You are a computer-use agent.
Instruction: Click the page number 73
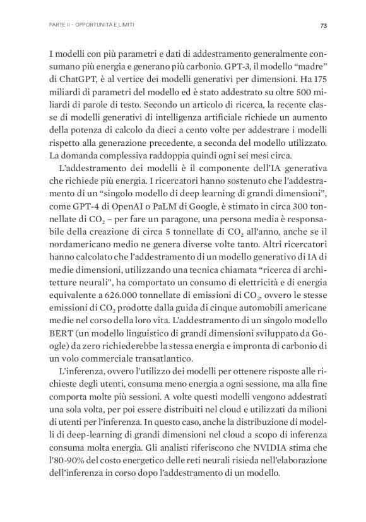coord(322,25)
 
